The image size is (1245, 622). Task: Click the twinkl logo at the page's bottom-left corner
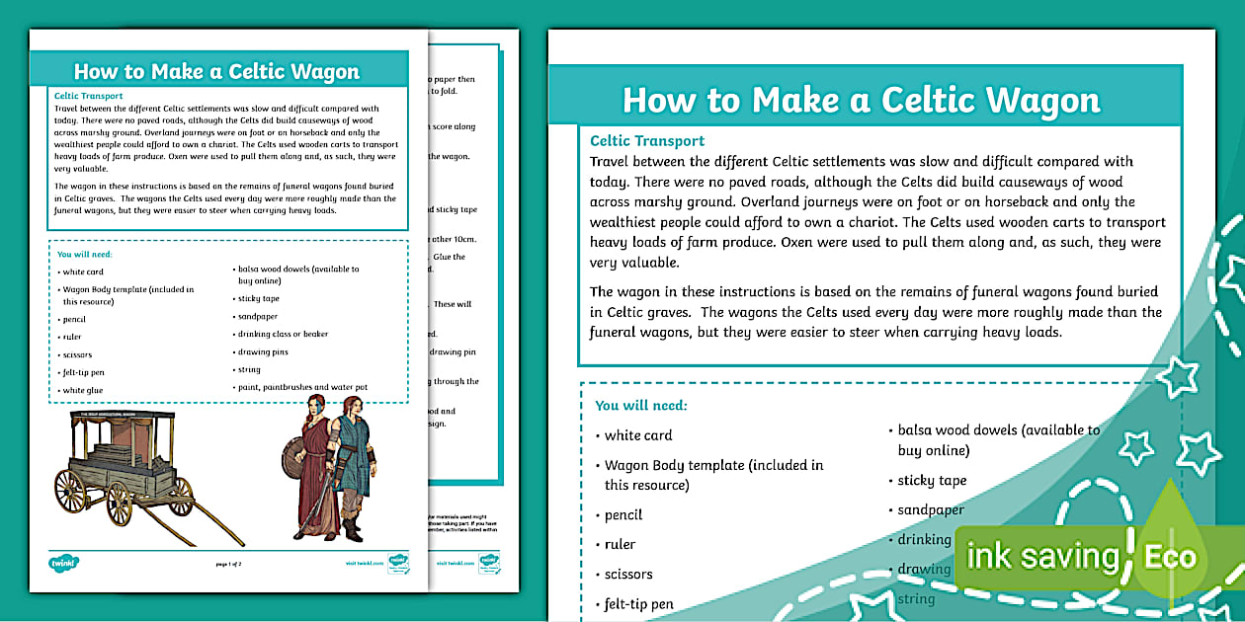[63, 563]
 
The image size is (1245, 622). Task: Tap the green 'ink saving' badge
[1041, 556]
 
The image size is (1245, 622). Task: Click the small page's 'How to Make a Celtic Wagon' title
[216, 71]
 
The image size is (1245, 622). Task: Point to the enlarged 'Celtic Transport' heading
[647, 140]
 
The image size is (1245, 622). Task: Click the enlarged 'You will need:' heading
[641, 405]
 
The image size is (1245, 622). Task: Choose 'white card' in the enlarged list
[638, 434]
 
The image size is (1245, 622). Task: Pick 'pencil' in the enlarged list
[623, 514]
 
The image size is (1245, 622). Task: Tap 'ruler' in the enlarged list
[620, 544]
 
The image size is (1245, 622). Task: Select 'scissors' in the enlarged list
[628, 574]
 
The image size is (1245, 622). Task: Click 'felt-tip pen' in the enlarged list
[639, 603]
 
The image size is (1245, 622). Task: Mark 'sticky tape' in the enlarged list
[932, 480]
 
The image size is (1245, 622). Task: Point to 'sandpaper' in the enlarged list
[931, 509]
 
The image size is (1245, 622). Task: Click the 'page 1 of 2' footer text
[228, 563]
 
